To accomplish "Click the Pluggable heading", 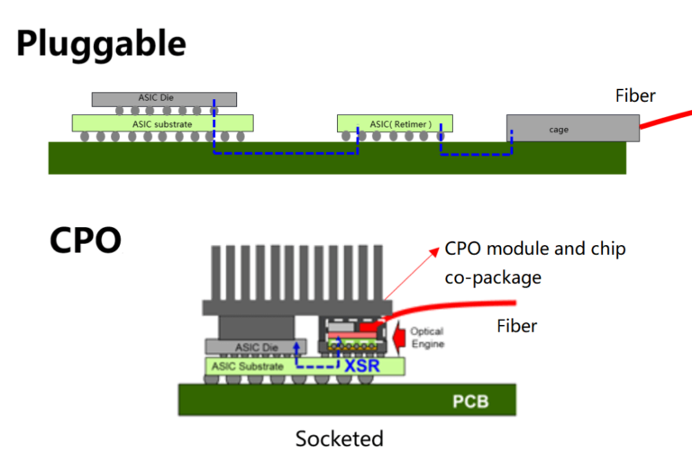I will pos(101,43).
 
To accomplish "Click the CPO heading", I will pos(85,240).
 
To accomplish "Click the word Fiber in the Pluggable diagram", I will pos(635,95).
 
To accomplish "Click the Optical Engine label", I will pos(427,338).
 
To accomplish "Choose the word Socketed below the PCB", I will pos(339,439).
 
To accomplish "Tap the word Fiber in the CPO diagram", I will pos(516,325).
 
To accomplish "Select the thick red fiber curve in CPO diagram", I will pos(451,306).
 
